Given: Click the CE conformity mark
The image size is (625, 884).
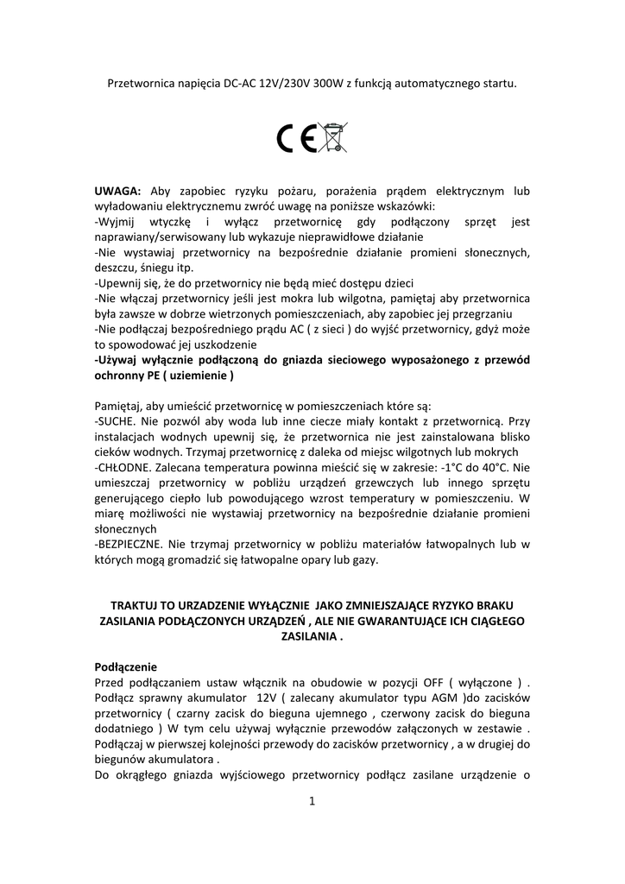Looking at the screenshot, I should [x=298, y=139].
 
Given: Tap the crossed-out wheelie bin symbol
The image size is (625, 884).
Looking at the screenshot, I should [x=332, y=138].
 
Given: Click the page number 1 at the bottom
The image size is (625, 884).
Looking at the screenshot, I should [x=312, y=801].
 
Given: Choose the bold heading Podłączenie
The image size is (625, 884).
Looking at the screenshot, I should [x=125, y=666].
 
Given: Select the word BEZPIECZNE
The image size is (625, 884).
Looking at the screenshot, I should [x=130, y=544].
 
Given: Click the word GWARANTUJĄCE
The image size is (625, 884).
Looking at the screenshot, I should [x=405, y=621].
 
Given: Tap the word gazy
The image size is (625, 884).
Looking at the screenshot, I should [x=364, y=559].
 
